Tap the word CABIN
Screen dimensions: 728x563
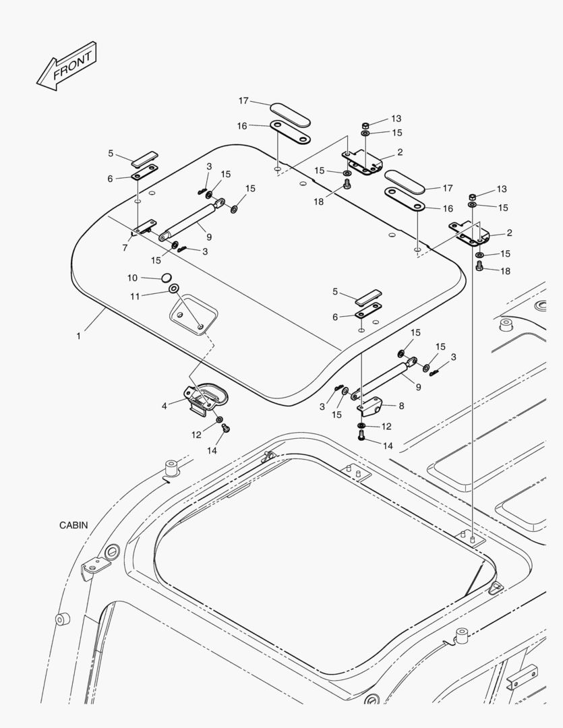(x=73, y=525)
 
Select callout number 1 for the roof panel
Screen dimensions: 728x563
(x=78, y=335)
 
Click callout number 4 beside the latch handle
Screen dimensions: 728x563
(x=164, y=405)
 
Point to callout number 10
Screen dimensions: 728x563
(x=133, y=277)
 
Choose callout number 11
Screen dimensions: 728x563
(x=134, y=295)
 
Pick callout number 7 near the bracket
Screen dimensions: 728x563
(x=125, y=248)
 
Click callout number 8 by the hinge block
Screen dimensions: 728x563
(x=401, y=406)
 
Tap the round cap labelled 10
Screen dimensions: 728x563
(x=166, y=276)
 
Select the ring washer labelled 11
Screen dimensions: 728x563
(x=173, y=289)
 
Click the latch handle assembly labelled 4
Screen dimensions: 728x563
(x=204, y=398)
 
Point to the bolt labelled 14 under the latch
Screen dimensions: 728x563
(x=226, y=428)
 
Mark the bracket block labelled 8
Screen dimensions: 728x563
(x=370, y=407)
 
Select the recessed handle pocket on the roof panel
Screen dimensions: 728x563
(x=193, y=315)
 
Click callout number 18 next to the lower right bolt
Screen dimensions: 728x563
(x=504, y=270)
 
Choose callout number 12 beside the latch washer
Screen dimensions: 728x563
(x=196, y=435)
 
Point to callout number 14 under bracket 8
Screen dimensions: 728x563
(x=387, y=446)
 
